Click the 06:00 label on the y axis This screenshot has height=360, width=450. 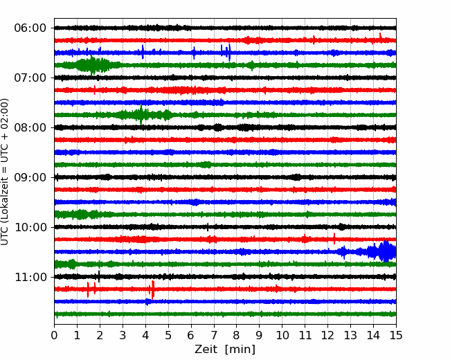point(30,28)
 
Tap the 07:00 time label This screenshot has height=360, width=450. point(30,78)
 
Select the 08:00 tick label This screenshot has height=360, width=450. point(30,127)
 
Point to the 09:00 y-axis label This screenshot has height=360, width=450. point(30,177)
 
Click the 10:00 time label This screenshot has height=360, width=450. point(30,227)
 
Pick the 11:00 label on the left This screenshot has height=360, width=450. point(30,277)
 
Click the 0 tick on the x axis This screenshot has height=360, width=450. point(54,335)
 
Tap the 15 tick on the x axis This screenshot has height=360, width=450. point(396,335)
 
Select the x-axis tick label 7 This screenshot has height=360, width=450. point(214,335)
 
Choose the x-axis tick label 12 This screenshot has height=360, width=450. point(327,335)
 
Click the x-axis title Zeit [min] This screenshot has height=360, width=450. point(225,350)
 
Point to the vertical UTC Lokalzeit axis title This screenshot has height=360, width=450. point(4,172)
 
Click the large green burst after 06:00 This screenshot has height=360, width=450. point(92,64)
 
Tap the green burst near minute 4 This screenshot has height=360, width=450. point(141,114)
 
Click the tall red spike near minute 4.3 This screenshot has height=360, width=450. point(153,289)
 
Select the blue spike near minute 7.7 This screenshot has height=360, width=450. point(229,53)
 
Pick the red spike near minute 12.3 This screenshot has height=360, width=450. point(334,239)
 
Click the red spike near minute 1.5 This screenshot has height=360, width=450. point(88,289)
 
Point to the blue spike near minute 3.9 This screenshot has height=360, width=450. point(143,52)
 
